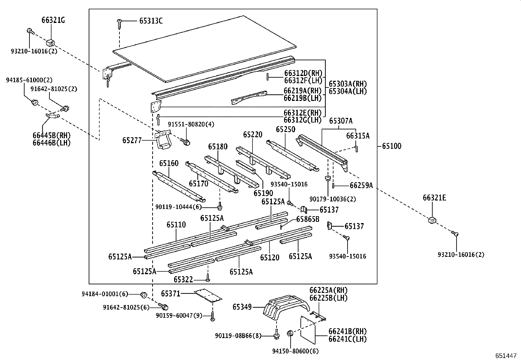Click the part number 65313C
151,21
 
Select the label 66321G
53,20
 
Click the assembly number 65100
391,146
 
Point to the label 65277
132,141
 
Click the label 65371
171,294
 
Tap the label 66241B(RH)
347,331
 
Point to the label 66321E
434,198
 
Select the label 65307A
341,121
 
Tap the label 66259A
361,186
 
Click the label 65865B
308,219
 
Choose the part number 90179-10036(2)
333,199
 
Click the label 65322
183,279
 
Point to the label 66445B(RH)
52,136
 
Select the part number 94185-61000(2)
29,80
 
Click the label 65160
169,163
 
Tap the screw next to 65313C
119,24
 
